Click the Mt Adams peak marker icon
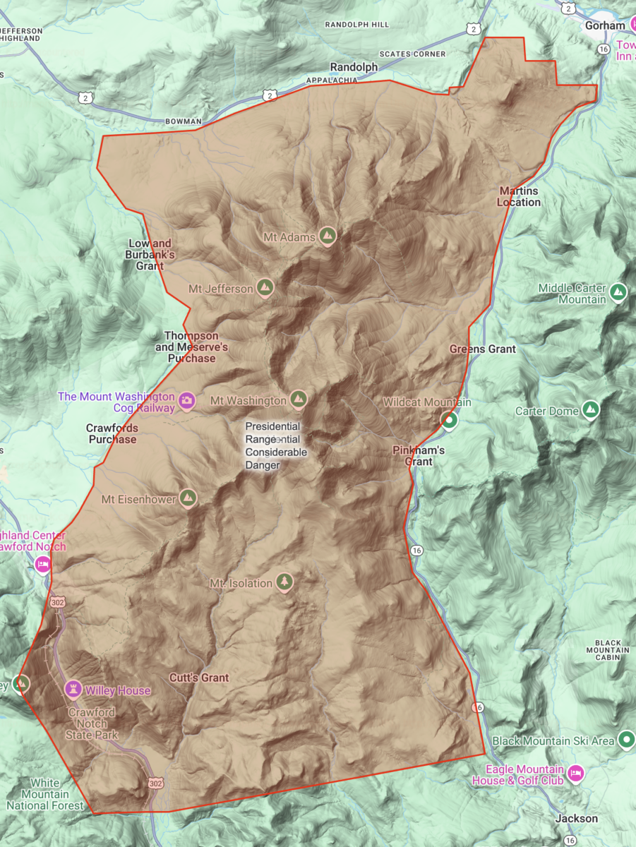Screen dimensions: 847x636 (x=327, y=236)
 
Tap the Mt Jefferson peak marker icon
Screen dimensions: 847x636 (x=265, y=287)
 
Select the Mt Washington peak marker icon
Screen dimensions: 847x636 (x=299, y=400)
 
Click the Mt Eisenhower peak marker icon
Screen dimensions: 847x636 (x=187, y=498)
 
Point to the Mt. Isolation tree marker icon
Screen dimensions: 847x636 (x=284, y=582)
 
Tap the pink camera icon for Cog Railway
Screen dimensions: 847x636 (x=186, y=400)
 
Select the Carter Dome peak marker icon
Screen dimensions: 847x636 (x=590, y=409)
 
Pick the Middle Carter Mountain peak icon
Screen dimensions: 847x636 (x=618, y=291)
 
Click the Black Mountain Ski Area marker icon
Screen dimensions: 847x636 (x=626, y=740)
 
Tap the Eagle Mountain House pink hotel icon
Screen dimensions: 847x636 (x=576, y=774)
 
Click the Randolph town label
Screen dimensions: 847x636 (x=354, y=67)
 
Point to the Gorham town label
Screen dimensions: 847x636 (x=605, y=25)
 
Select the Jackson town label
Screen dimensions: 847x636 (x=576, y=819)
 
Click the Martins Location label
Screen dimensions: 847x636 (x=519, y=197)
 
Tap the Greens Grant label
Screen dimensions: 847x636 (x=483, y=349)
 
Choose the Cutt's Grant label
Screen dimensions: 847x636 (x=199, y=678)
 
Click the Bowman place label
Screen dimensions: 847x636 (x=183, y=121)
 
